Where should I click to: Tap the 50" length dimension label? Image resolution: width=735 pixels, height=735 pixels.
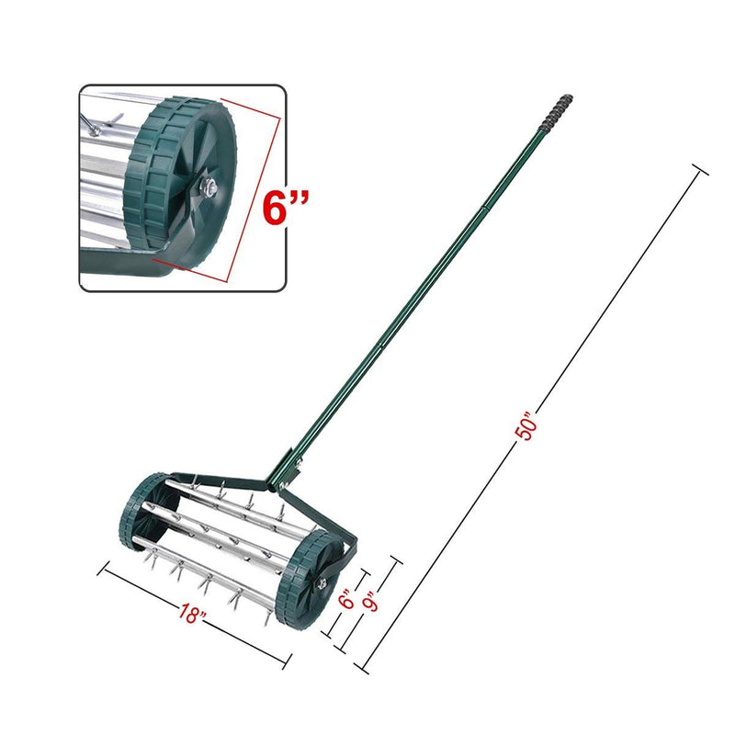[526, 428]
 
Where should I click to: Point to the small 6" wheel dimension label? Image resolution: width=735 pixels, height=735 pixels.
[347, 602]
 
